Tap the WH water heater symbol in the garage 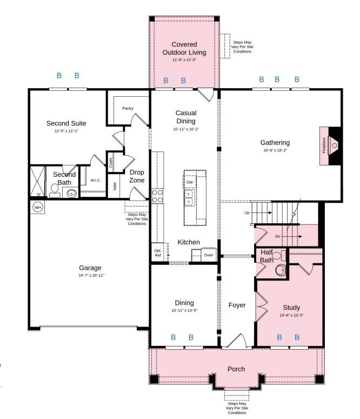[37, 207]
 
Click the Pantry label [128, 109]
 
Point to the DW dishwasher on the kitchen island [190, 183]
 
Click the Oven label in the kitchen [208, 255]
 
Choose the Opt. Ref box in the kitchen [158, 253]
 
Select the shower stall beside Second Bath [38, 182]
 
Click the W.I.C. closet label [96, 180]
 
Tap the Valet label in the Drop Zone [115, 187]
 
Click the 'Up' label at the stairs [247, 212]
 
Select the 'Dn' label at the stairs [278, 236]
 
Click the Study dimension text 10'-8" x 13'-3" [291, 315]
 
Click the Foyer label [237, 305]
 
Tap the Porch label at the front [236, 369]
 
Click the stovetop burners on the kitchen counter [157, 196]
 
